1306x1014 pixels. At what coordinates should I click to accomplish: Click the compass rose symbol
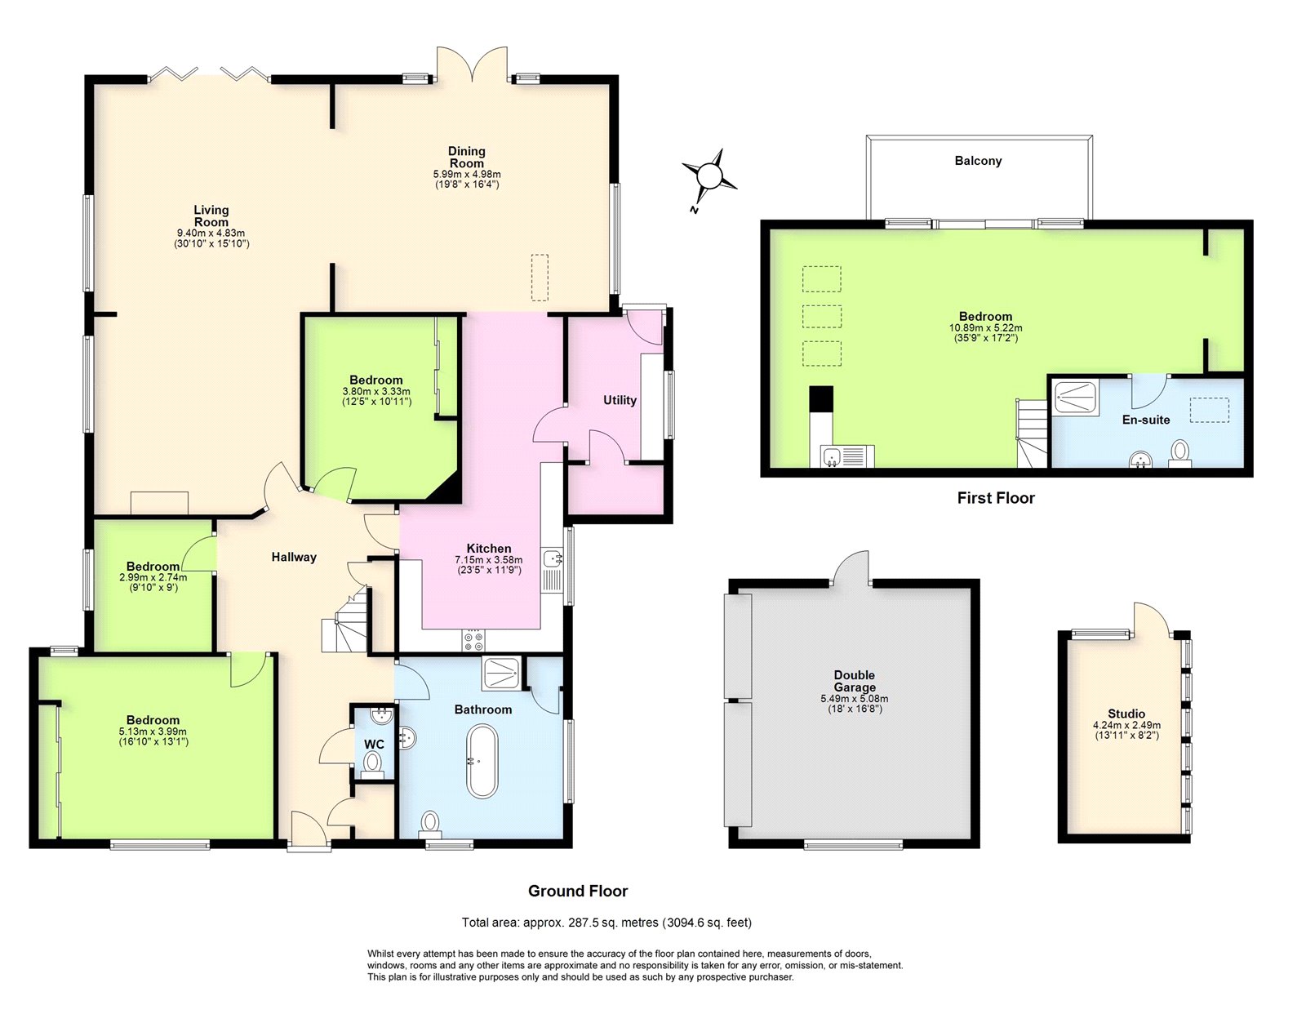click(x=709, y=176)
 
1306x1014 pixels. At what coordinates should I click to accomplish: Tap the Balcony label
click(x=978, y=161)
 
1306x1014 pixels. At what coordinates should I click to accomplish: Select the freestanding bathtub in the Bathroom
click(x=482, y=761)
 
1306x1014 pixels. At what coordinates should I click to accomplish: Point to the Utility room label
click(x=620, y=400)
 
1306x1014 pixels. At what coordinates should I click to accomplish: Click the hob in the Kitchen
click(x=473, y=640)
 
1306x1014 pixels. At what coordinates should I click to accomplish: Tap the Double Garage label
click(x=854, y=681)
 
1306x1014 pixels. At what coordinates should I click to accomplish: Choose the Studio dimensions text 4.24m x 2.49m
click(x=1126, y=725)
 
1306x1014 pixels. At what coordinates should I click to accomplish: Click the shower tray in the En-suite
click(x=1077, y=397)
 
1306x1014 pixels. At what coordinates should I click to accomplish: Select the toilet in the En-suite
click(x=1179, y=454)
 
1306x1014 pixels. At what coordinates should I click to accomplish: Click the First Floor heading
click(x=996, y=498)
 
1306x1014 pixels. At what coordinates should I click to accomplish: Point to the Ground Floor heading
click(x=578, y=891)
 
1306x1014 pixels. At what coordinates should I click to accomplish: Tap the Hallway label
click(x=293, y=557)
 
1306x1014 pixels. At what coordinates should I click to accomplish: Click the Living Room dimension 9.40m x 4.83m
click(x=211, y=233)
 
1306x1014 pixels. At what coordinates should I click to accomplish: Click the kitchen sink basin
click(x=552, y=559)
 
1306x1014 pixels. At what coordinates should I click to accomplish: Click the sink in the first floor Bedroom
click(x=833, y=456)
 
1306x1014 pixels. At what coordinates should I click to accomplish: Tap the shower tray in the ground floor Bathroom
click(x=501, y=674)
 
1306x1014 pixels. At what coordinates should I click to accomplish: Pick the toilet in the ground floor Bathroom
click(x=429, y=824)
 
